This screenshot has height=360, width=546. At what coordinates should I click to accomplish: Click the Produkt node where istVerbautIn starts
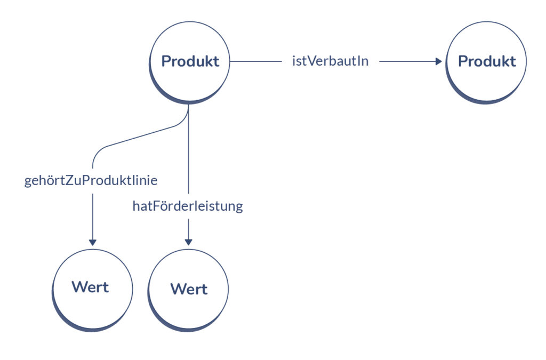pyautogui.click(x=190, y=61)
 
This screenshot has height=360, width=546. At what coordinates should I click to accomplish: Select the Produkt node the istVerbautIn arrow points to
pyautogui.click(x=486, y=61)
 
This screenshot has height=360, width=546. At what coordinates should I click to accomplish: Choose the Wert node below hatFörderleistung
pyautogui.click(x=188, y=290)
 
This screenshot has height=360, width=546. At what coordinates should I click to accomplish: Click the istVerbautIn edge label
pyautogui.click(x=330, y=61)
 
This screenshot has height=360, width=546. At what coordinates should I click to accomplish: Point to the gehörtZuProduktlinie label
pyautogui.click(x=91, y=181)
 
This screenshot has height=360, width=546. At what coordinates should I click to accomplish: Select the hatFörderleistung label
pyautogui.click(x=188, y=206)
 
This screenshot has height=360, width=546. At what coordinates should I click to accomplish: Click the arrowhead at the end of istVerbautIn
pyautogui.click(x=438, y=61)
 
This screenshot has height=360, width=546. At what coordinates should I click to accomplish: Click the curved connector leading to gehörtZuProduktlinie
pyautogui.click(x=133, y=138)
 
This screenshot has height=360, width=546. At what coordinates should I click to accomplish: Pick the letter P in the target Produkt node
pyautogui.click(x=463, y=61)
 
